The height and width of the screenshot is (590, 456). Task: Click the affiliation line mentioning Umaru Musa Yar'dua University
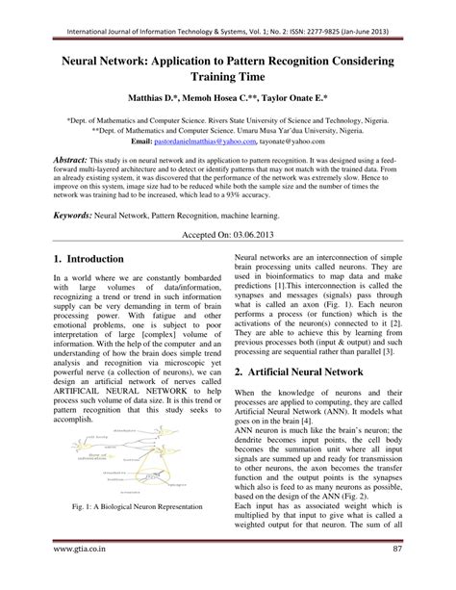pos(228,126)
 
